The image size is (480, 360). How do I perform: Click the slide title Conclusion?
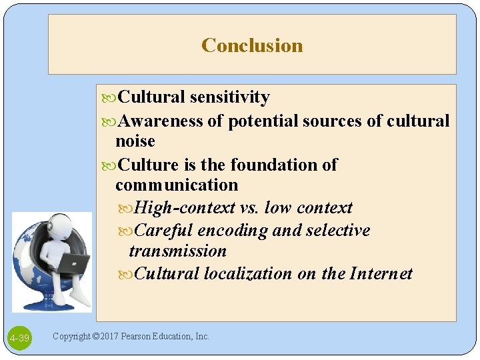tap(252, 45)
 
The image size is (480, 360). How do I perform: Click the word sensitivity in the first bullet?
tap(229, 97)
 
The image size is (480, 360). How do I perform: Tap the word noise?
tap(135, 141)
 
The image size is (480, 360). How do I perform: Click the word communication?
tap(176, 185)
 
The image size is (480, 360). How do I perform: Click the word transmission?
tap(177, 251)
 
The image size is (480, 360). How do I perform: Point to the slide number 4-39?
tap(20, 338)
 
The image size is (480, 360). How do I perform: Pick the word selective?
tap(338, 231)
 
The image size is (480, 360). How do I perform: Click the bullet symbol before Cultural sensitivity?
tap(111, 98)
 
